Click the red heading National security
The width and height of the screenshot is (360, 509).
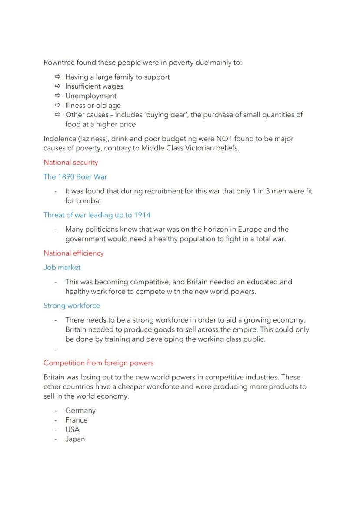point(70,163)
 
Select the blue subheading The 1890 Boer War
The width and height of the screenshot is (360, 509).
point(75,177)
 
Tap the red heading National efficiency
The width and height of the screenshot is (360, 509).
point(73,253)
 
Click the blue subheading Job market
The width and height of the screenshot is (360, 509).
point(62,267)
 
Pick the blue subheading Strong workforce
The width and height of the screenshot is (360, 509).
point(71,306)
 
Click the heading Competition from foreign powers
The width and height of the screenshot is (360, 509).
point(98,363)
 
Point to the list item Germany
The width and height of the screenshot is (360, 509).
point(80,410)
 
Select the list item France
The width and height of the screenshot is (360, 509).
point(76,420)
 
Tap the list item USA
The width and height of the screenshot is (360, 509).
point(72,429)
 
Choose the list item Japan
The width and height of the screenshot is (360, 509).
point(75,439)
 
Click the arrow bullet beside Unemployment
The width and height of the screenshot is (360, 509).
point(57,96)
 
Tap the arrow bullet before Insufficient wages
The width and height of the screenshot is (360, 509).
point(57,86)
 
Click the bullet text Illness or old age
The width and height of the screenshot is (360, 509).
point(93,106)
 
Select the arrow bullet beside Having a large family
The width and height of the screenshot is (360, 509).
point(57,77)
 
